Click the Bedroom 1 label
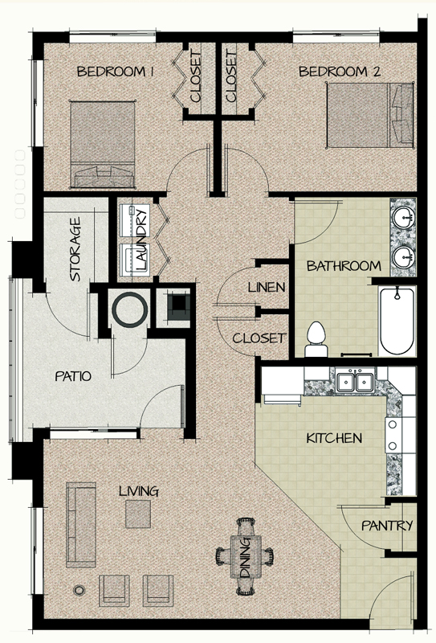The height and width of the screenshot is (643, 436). (x=115, y=72)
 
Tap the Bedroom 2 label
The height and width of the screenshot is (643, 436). (x=339, y=72)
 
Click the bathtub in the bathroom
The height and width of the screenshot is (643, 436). (x=397, y=322)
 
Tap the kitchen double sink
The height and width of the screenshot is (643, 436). (x=354, y=382)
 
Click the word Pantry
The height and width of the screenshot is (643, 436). (x=387, y=526)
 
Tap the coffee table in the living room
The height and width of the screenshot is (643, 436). (x=137, y=514)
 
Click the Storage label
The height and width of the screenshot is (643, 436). (x=75, y=248)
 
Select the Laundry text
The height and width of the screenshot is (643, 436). (x=141, y=239)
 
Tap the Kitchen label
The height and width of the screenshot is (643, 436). (x=334, y=439)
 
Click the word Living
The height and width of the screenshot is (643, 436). (x=138, y=491)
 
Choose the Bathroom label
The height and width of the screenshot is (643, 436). (x=344, y=266)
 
